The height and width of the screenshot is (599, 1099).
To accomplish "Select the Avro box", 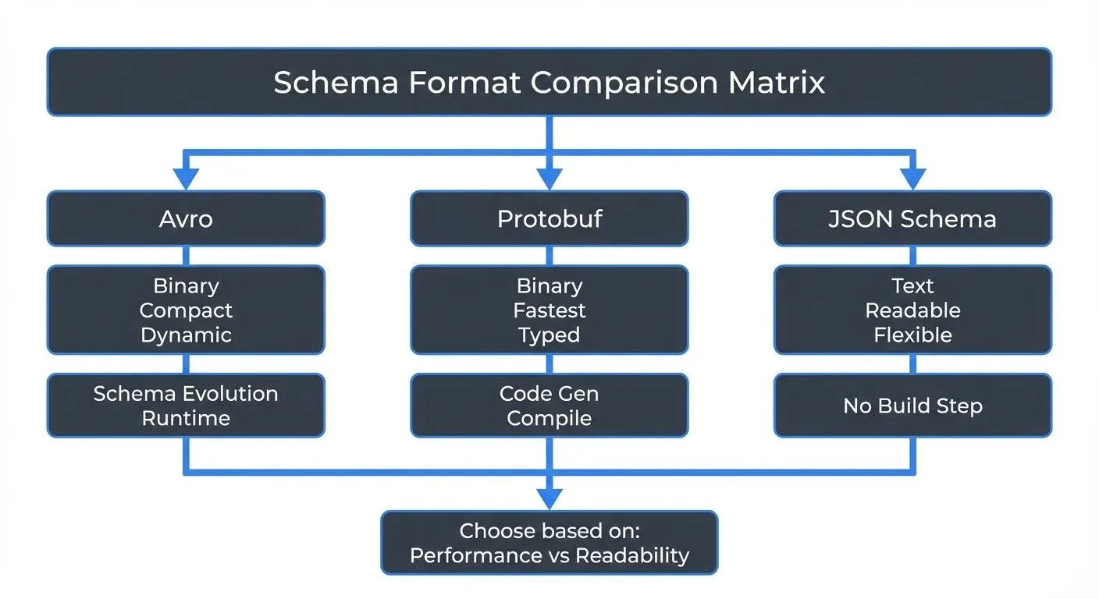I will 186,218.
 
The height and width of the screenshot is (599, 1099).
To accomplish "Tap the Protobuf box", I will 549,218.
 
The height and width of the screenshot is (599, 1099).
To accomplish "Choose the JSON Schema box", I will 912,218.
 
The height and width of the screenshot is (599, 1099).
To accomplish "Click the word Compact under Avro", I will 186,310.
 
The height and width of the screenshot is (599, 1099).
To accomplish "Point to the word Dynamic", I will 186,335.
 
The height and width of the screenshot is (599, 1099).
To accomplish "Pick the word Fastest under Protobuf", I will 549,310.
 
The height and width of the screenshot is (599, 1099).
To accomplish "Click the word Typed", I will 549,335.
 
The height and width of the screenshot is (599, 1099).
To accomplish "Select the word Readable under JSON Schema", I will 912,310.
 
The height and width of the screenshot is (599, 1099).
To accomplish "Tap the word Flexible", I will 912,335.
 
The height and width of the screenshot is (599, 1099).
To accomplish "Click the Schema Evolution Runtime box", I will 186,406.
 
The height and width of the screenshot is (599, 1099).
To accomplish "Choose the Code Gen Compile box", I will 549,406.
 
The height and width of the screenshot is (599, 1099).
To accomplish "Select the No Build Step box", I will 912,406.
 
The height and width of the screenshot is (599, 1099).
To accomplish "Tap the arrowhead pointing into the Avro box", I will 186,179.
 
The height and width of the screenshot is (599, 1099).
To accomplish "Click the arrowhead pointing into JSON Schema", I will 912,179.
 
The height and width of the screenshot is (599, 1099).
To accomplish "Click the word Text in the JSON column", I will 912,285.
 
